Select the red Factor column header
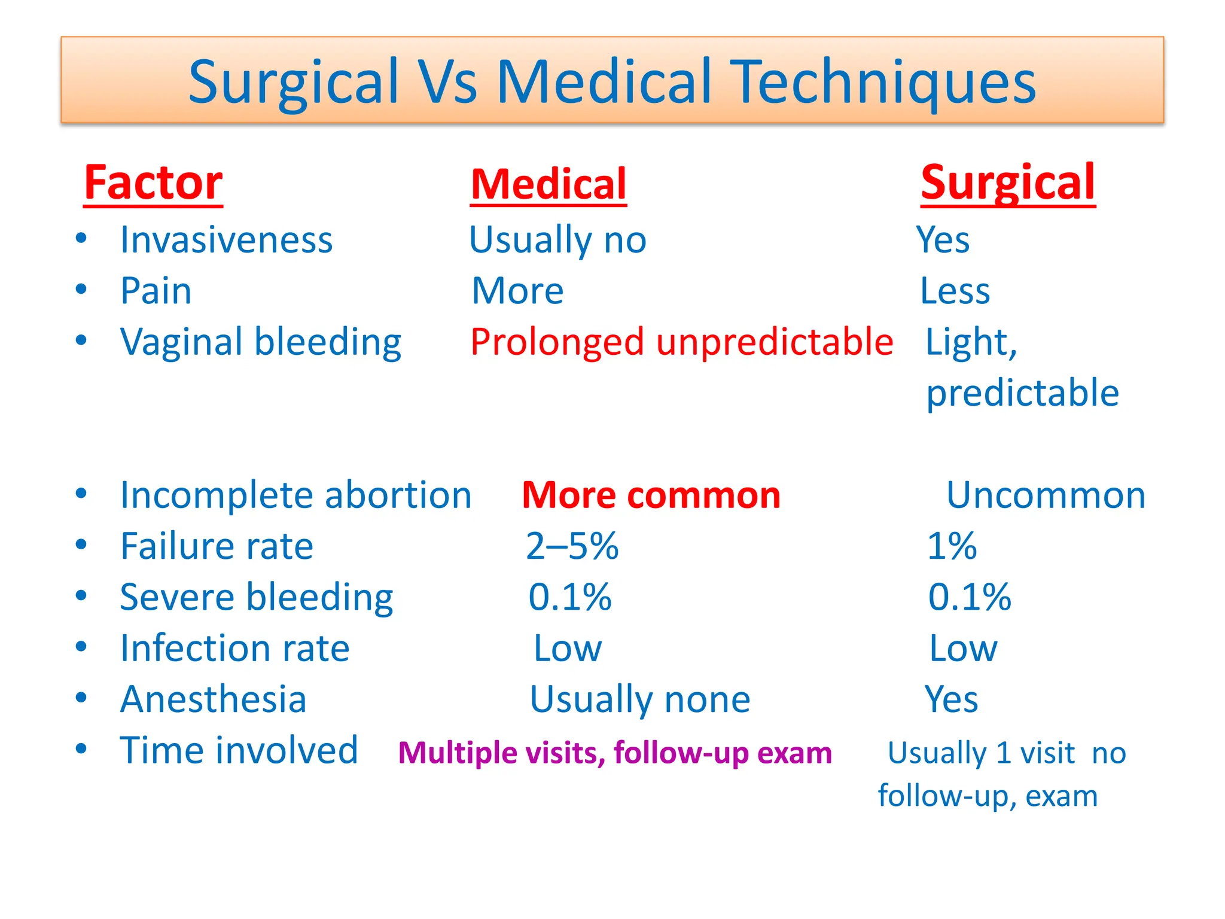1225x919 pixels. click(153, 182)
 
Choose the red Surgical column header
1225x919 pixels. click(1008, 182)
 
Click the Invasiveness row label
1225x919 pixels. click(226, 240)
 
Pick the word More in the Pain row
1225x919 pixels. click(517, 291)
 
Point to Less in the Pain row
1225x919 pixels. click(955, 291)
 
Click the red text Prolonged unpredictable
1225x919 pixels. click(681, 342)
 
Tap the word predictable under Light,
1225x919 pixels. click(1022, 393)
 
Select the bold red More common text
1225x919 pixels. click(651, 495)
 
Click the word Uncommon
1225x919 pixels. click(1046, 495)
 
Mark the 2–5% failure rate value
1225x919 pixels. click(572, 546)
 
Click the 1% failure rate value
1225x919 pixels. click(952, 546)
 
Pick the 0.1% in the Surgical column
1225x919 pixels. click(970, 597)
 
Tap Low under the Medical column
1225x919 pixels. click(567, 648)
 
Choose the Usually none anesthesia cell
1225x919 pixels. click(639, 699)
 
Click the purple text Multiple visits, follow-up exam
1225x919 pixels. click(615, 753)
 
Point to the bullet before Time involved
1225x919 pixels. click(81, 749)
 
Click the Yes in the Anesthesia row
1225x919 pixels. click(951, 699)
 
